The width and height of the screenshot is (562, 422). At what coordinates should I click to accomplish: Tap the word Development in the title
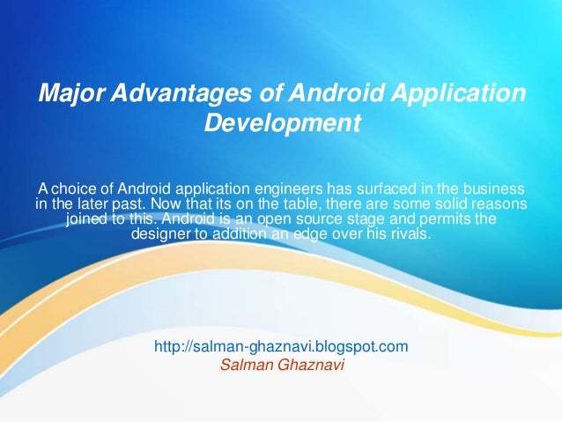click(282, 122)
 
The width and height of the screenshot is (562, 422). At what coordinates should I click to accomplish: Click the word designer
click(161, 235)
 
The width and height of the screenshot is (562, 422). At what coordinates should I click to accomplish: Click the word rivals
click(410, 235)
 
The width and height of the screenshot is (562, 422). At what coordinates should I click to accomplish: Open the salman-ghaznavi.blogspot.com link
click(281, 347)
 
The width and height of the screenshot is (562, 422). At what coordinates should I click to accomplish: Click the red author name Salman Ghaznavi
click(281, 364)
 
